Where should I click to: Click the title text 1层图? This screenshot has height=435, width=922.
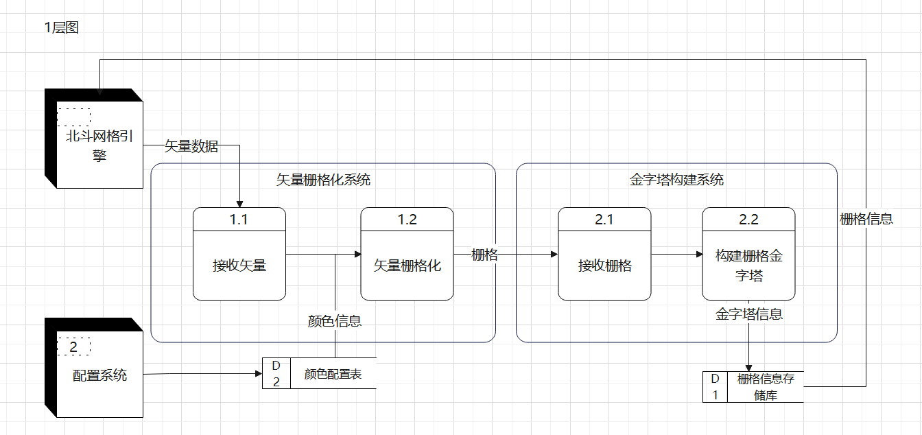61,28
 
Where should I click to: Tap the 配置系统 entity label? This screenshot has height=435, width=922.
99,375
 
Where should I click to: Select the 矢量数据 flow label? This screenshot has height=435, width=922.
191,145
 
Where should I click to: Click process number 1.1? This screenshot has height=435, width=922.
239,220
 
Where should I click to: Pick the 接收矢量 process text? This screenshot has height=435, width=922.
239,266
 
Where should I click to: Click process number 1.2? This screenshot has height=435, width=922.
407,220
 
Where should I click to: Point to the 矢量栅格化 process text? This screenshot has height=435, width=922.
407,266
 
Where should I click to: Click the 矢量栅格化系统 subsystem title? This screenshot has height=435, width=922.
323,180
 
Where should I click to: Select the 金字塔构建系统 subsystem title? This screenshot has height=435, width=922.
676,180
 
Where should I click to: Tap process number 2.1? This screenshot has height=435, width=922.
604,220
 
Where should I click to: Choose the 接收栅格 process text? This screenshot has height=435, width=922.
604,266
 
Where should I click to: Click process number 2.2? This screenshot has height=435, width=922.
748,220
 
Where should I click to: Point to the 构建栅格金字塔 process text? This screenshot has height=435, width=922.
748,266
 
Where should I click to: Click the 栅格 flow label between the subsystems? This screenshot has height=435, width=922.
484,255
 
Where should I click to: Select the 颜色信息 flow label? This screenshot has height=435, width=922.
335,320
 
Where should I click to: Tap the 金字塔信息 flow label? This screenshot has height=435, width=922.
748,314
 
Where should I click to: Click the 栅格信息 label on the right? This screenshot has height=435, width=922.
866,219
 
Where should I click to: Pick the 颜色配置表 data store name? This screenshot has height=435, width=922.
333,375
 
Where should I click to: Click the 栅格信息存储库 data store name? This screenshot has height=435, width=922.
765,387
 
